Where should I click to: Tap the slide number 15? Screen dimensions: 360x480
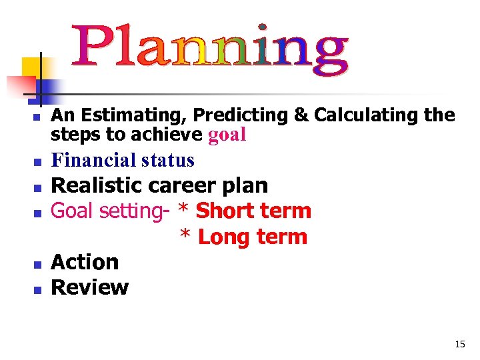coord(459,345)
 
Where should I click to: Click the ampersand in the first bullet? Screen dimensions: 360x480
coord(301,115)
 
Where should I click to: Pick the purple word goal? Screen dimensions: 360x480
coord(227,135)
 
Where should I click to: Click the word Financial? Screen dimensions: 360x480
coord(94,161)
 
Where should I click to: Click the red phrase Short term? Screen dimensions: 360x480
coord(253,211)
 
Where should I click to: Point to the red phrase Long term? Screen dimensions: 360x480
coord(253,237)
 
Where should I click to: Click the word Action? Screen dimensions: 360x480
coord(85,262)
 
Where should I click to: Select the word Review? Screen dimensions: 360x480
coord(89,287)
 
